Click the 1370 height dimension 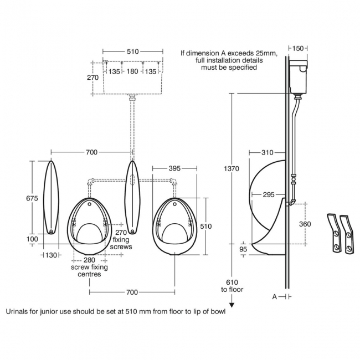[x=232, y=168]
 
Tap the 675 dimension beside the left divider [x=34, y=197]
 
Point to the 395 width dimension [x=174, y=168]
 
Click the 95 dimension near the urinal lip [x=243, y=249]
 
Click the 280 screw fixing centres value [x=89, y=260]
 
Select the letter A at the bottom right [x=275, y=297]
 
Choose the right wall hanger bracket [x=348, y=233]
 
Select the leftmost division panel [x=51, y=197]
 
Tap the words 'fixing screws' [x=122, y=243]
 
